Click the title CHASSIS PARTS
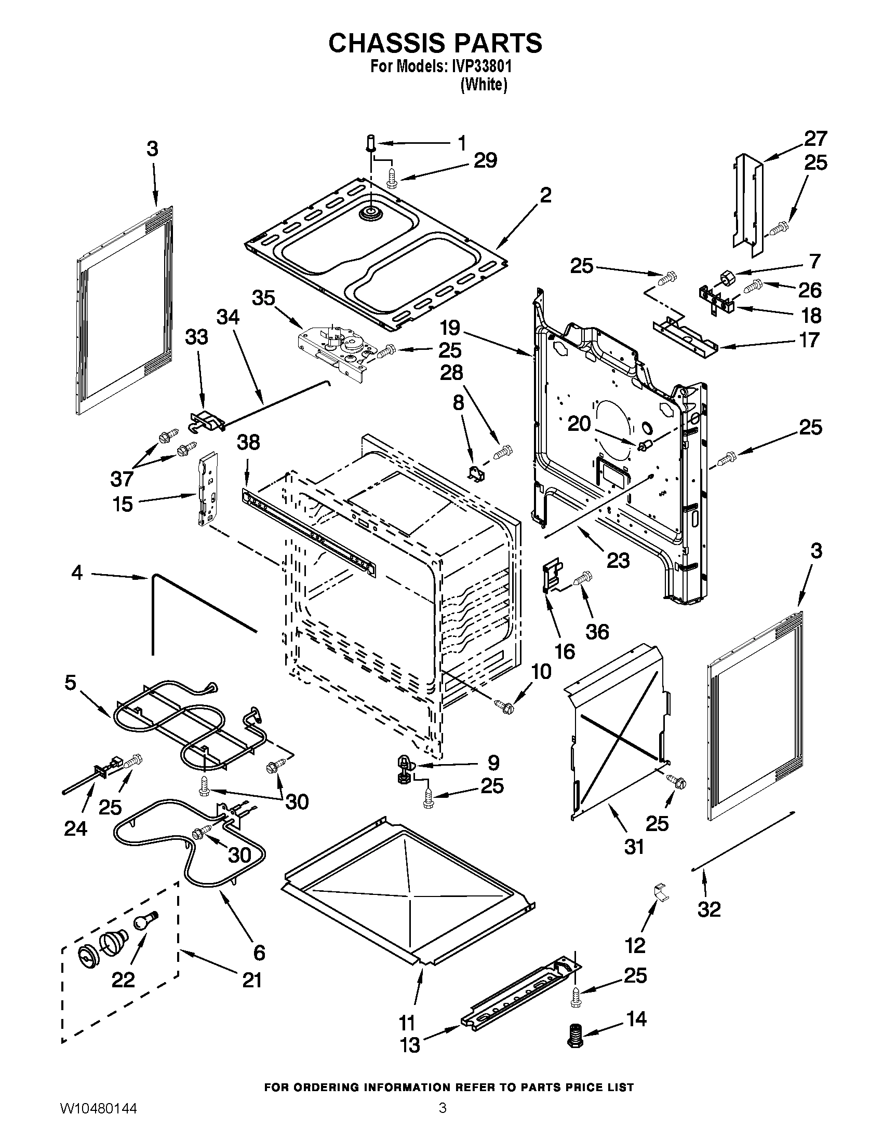[435, 43]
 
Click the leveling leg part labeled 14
[576, 1034]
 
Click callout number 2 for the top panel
[545, 196]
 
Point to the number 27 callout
[815, 139]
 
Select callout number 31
[634, 846]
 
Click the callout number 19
[450, 329]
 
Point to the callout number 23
[618, 561]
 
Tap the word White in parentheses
[484, 85]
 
